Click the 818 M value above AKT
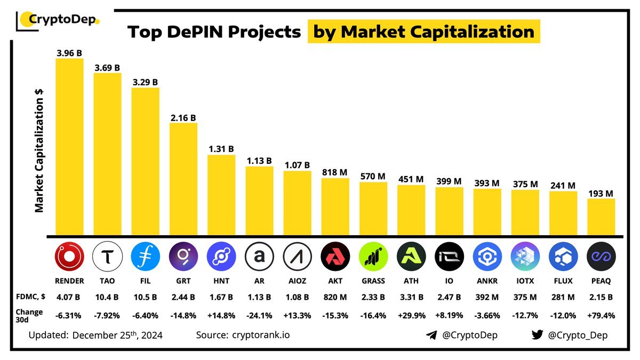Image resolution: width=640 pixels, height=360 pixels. [335, 172]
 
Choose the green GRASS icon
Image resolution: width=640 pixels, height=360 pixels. [373, 258]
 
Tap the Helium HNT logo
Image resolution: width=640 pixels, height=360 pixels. [221, 258]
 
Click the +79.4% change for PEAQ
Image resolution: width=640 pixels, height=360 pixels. [601, 315]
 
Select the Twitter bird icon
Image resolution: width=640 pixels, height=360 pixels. [537, 335]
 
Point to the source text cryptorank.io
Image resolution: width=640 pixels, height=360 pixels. [261, 335]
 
